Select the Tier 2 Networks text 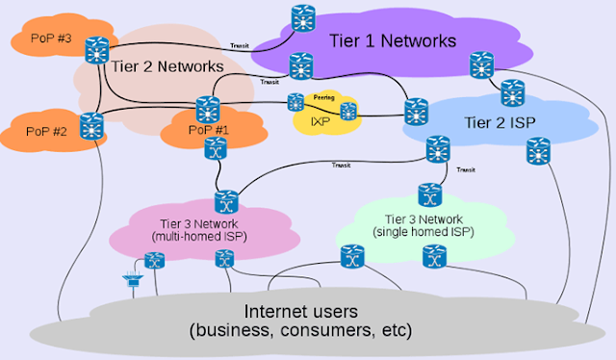tap(169, 66)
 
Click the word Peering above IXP tap(323, 97)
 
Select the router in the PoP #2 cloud tap(91, 125)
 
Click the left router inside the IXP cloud tap(295, 101)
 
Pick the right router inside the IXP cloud tap(347, 111)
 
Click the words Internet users tap(302, 312)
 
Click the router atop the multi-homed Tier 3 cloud tap(225, 201)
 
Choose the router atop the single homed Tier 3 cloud tap(429, 192)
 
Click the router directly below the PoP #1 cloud tap(216, 148)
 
